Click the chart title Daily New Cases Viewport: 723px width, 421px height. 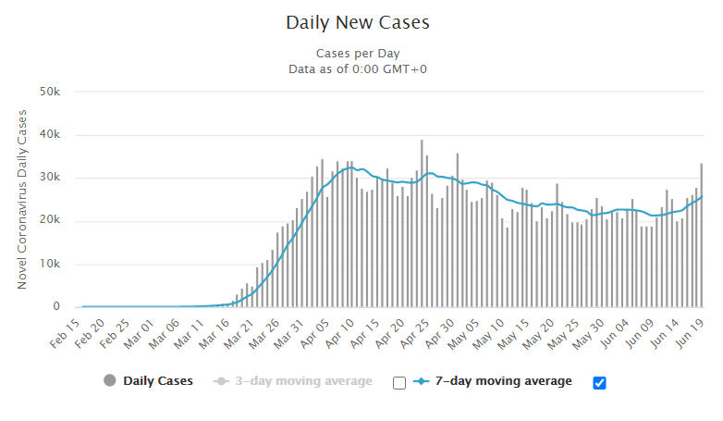click(358, 22)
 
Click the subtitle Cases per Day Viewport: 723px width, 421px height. click(358, 54)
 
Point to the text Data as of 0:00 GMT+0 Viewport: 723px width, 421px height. click(358, 69)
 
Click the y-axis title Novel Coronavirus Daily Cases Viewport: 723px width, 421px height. click(21, 200)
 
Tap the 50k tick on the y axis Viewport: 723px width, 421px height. click(50, 92)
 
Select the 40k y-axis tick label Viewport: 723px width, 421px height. click(50, 134)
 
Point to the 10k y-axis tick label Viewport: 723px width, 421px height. click(50, 264)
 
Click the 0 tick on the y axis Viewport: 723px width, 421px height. click(56, 306)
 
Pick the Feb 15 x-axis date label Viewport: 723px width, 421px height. click(65, 333)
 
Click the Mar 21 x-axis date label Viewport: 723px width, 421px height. click(239, 333)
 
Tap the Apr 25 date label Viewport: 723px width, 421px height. click(413, 333)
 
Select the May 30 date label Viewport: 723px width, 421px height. click(588, 333)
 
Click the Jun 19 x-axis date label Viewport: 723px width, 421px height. click(689, 333)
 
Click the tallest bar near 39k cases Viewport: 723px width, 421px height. click(422, 223)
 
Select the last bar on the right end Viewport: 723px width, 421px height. click(702, 235)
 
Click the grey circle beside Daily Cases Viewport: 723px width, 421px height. click(110, 380)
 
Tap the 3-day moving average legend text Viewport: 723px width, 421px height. click(304, 381)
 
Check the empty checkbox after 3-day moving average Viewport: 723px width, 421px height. click(399, 383)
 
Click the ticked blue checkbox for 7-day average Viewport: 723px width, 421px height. click(599, 383)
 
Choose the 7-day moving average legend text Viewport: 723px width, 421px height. click(504, 381)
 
